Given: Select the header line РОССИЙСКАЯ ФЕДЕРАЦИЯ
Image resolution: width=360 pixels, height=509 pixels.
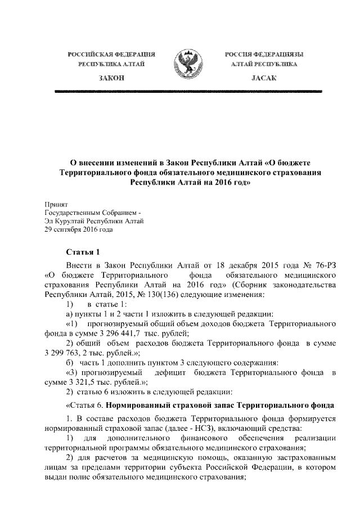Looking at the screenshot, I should pos(111,54).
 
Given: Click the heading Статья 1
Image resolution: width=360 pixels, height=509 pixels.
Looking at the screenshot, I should pos(82,251).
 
